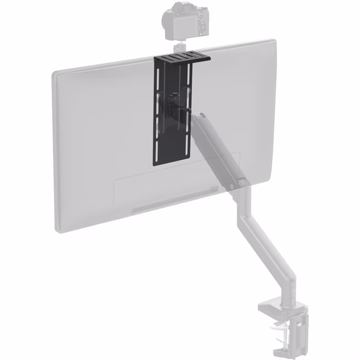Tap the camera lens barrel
pos(168,20)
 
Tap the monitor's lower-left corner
pos(58,231)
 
